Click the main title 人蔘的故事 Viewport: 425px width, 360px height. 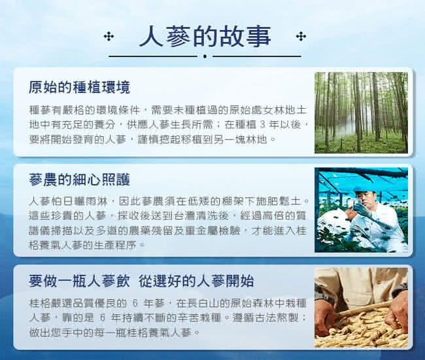click(205, 36)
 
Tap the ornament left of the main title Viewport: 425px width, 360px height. click(109, 37)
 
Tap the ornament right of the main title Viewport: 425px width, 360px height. click(301, 37)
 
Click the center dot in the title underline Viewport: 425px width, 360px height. click(205, 56)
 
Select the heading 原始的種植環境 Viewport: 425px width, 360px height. click(79, 87)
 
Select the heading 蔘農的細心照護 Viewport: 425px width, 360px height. click(79, 179)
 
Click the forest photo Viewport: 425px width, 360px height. click(361, 113)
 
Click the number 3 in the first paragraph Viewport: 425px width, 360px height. click(262, 125)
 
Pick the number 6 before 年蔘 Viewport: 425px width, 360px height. click(136, 303)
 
